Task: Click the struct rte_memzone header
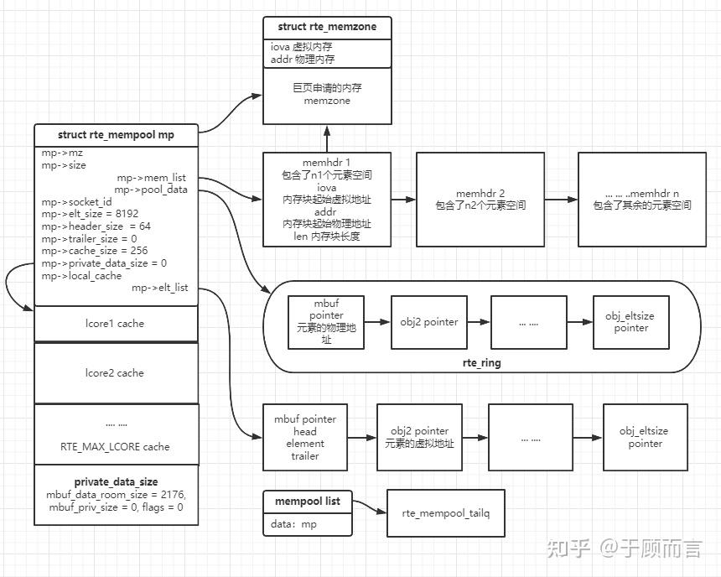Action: [x=327, y=27]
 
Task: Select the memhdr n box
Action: [x=641, y=199]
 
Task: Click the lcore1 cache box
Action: [x=116, y=324]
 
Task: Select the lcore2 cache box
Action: [x=116, y=373]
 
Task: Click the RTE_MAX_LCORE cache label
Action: [x=116, y=447]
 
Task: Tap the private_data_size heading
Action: [x=116, y=482]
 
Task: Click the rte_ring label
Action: [x=482, y=362]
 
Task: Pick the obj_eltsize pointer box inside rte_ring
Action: [x=631, y=322]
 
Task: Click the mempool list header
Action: [x=308, y=501]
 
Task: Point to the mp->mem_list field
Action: [x=152, y=178]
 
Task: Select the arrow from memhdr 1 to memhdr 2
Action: [x=403, y=200]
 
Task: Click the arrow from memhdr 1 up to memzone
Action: [x=327, y=138]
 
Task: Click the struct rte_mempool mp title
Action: [x=116, y=134]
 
